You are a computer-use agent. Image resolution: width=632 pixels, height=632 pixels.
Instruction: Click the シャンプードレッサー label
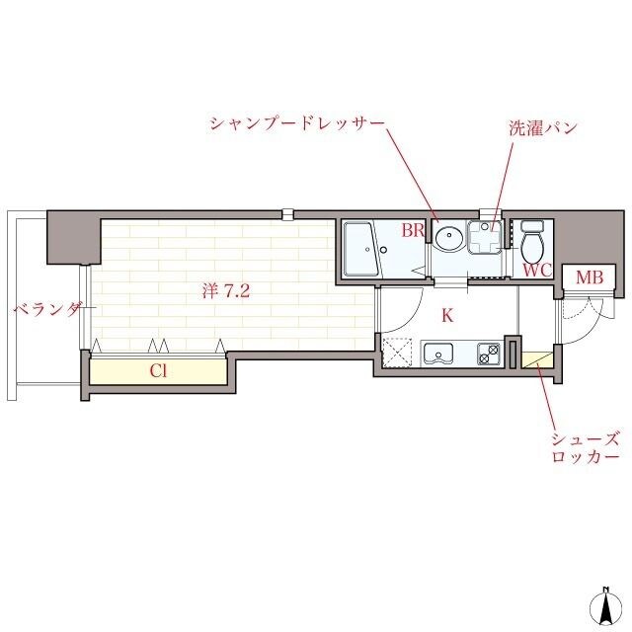[x=294, y=124]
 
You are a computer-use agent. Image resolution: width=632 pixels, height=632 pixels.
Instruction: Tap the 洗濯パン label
[x=542, y=128]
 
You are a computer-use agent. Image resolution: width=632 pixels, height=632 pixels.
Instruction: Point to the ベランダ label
[x=48, y=309]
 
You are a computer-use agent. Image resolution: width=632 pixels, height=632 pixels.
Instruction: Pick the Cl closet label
[x=157, y=371]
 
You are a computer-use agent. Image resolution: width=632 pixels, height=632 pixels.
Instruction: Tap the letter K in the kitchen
[x=446, y=316]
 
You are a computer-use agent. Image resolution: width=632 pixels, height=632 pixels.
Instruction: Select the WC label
[x=535, y=269]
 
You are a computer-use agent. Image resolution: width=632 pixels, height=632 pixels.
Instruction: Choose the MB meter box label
[x=590, y=279]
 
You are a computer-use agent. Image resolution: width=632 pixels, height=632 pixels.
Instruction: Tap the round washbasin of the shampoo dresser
[x=449, y=238]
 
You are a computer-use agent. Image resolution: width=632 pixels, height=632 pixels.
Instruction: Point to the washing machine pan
[x=485, y=238]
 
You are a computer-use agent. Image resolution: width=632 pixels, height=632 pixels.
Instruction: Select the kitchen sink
[x=437, y=353]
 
